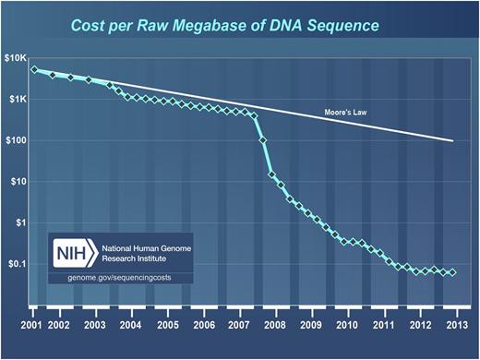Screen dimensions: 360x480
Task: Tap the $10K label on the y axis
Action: click(x=16, y=59)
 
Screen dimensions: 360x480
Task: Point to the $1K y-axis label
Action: click(x=18, y=100)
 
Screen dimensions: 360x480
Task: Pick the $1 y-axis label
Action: click(x=23, y=222)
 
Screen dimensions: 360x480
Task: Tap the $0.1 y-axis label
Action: click(x=18, y=263)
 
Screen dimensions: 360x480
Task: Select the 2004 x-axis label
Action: click(x=130, y=326)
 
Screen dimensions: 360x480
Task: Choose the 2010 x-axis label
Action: click(x=348, y=326)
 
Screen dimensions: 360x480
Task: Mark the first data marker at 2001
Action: click(x=34, y=69)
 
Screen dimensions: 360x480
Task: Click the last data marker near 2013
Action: click(x=452, y=272)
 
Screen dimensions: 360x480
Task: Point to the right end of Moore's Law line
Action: click(x=453, y=141)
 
